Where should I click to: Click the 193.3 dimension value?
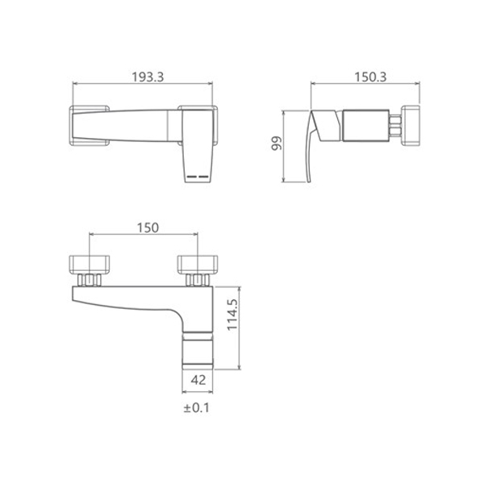coord(148,77)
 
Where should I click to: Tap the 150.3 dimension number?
coord(370,77)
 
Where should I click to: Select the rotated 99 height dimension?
coord(277,144)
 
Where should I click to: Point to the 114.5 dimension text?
coord(232,315)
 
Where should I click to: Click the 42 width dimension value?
coord(198,380)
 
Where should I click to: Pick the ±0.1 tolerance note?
coord(196,407)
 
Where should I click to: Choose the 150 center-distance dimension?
coord(148,227)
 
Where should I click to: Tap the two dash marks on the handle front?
coord(198,177)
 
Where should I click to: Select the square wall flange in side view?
coord(411,125)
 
